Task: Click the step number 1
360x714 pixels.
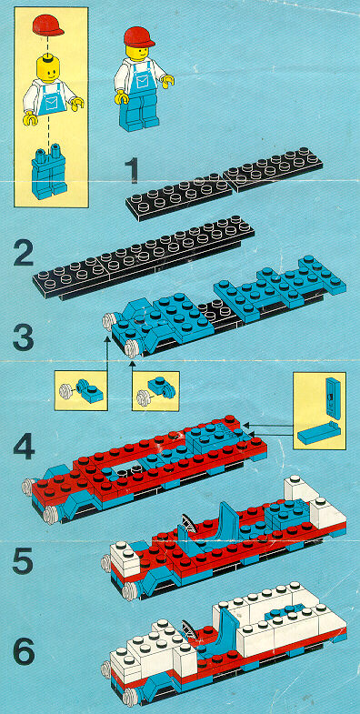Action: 132,170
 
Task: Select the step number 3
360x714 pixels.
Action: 24,337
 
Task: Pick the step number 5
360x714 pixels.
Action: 23,559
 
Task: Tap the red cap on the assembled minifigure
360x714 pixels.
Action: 139,36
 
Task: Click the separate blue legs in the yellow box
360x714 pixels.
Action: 49,171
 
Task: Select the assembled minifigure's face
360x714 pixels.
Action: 139,52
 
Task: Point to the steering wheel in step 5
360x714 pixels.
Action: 191,522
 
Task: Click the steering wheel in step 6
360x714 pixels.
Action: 190,629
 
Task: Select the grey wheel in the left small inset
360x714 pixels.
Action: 66,391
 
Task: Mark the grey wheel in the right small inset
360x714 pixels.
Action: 145,398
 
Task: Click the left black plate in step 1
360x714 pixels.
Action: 179,196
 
